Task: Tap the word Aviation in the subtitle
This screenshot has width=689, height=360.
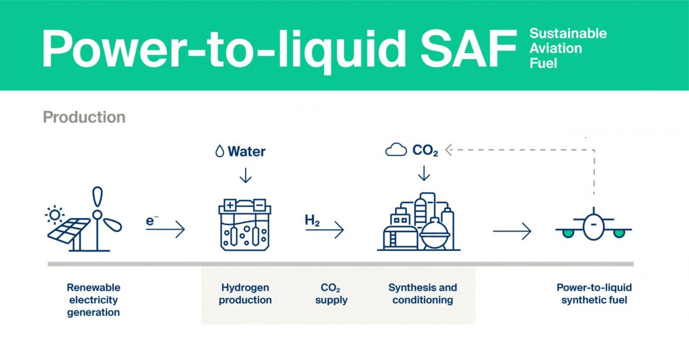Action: point(555,48)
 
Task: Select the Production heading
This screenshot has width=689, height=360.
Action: point(84,117)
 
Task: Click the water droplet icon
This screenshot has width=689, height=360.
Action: point(220,151)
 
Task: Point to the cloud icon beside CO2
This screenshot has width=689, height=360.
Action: point(396,150)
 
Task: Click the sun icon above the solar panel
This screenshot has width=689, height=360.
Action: point(55,214)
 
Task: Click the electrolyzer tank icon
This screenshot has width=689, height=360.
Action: point(245,225)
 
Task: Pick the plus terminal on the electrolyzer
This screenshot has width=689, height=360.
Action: point(230,205)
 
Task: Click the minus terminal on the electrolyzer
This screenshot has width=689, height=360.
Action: point(259,205)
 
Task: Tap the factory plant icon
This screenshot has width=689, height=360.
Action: point(419,222)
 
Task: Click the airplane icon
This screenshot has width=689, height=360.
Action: point(594,224)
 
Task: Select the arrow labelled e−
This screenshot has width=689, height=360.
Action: point(165,229)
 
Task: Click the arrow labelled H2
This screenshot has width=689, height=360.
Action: point(324,229)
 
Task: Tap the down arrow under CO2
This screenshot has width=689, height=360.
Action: point(424,173)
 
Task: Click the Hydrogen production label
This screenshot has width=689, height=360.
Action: point(245,293)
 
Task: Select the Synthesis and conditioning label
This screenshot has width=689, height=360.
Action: point(423,293)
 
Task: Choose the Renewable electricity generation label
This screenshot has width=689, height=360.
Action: point(94,300)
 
